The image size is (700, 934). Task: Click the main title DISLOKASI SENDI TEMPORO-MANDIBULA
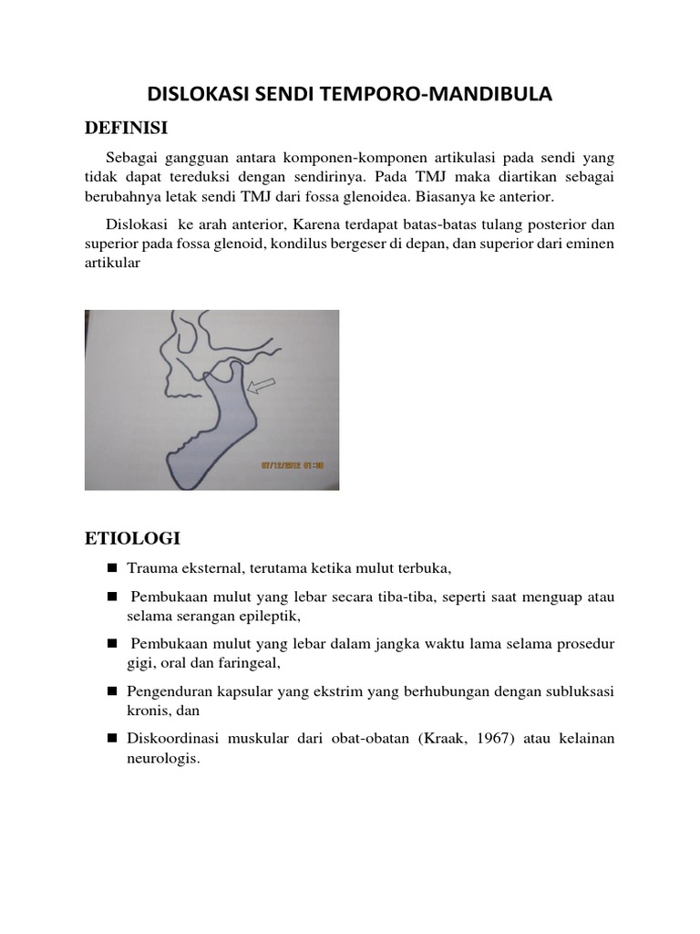[350, 94]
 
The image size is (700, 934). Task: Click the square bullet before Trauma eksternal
[112, 568]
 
